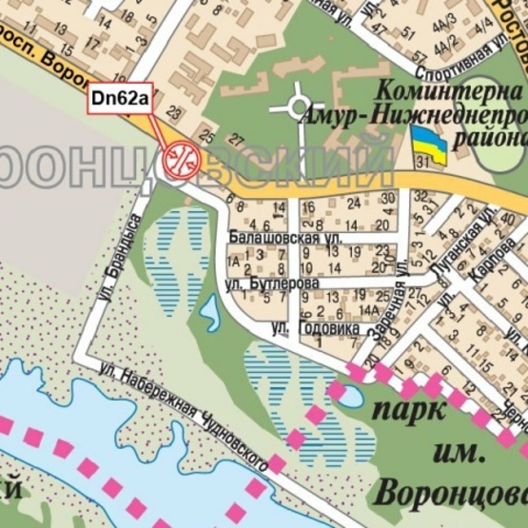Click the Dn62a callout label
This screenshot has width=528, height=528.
pos(119,98)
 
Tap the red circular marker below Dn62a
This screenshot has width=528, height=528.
pos(179,158)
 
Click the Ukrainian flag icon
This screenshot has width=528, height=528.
pos(429,147)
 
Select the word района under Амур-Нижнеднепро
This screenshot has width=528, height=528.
pos(495,138)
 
